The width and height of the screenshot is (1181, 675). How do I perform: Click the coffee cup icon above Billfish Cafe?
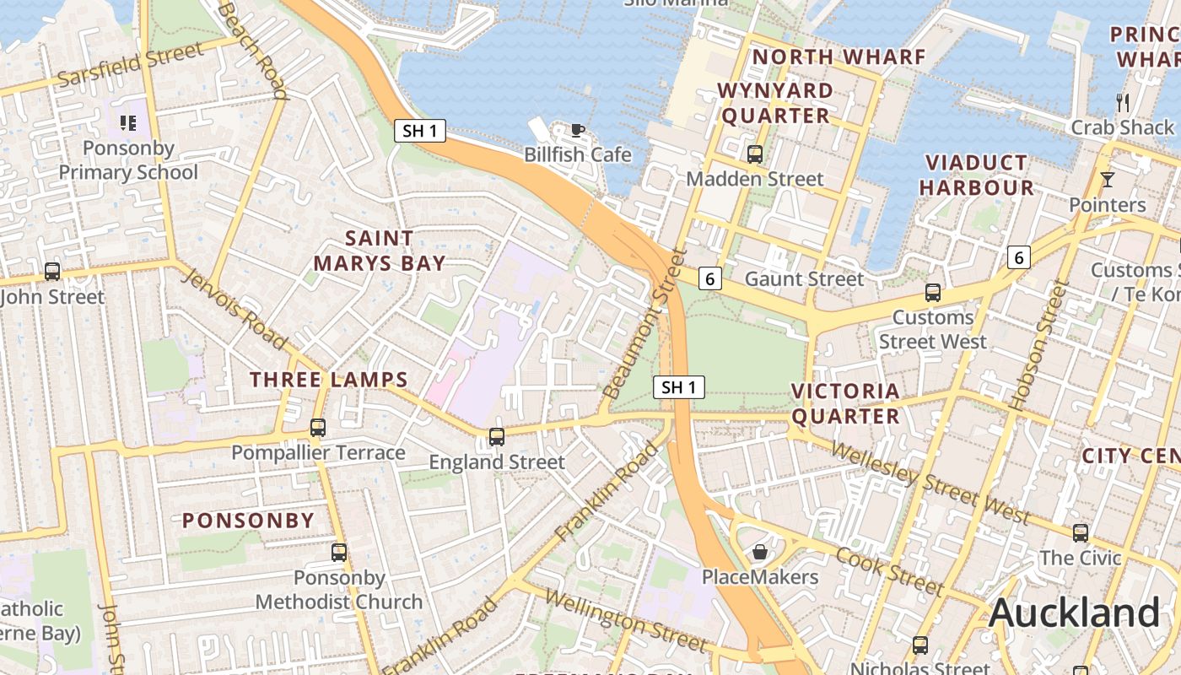[577, 130]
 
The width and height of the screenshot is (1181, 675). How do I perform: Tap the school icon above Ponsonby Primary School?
[128, 123]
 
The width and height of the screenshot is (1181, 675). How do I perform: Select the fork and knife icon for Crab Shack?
[1122, 103]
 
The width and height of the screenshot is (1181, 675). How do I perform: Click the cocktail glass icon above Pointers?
[1107, 180]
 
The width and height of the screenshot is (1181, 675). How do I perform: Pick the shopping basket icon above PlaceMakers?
[760, 552]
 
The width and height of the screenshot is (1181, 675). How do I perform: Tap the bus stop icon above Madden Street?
[754, 154]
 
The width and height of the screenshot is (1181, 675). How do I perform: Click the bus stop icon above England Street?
[496, 437]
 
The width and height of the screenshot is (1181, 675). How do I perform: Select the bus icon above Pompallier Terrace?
[318, 428]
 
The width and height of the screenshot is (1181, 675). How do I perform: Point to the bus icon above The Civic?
[1080, 533]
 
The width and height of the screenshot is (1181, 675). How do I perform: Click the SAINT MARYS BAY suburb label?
[379, 251]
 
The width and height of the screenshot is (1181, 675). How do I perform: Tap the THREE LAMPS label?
[329, 380]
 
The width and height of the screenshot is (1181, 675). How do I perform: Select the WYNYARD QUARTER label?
[775, 103]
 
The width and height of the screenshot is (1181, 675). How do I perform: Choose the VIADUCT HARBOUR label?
[976, 175]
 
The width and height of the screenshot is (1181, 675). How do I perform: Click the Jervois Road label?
[234, 309]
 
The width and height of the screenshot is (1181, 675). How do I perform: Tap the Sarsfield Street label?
[130, 64]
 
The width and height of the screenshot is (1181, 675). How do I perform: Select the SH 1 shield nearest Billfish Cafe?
[419, 131]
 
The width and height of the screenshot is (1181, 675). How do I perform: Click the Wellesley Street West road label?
[930, 481]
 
